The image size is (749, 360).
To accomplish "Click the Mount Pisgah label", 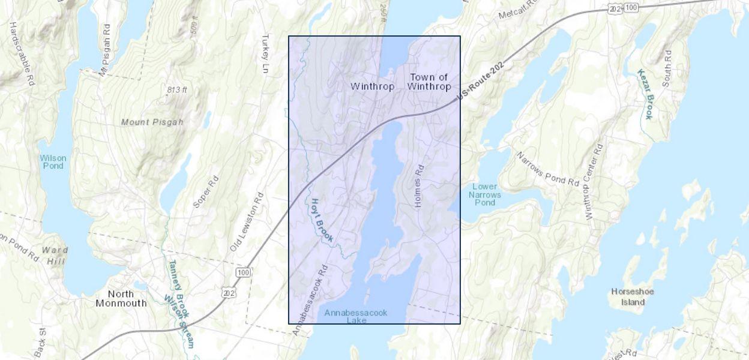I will pyautogui.click(x=152, y=122).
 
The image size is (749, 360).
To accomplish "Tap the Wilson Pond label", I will pyautogui.click(x=53, y=162).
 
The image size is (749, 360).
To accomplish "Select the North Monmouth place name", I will pyautogui.click(x=121, y=298).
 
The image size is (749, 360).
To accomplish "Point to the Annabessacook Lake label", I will pyautogui.click(x=356, y=316).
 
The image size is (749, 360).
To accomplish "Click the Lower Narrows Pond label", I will pyautogui.click(x=484, y=194).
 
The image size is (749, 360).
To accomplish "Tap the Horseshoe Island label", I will pyautogui.click(x=633, y=296).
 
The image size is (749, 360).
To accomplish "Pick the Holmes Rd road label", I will pyautogui.click(x=420, y=187).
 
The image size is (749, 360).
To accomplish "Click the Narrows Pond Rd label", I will pyautogui.click(x=548, y=169).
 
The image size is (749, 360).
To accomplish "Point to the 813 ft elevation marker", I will pyautogui.click(x=177, y=90).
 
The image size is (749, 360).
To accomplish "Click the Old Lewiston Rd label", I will pyautogui.click(x=247, y=222).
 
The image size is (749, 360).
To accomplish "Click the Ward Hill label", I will pyautogui.click(x=55, y=254).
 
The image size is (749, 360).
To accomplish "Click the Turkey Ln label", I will pyautogui.click(x=265, y=54).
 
